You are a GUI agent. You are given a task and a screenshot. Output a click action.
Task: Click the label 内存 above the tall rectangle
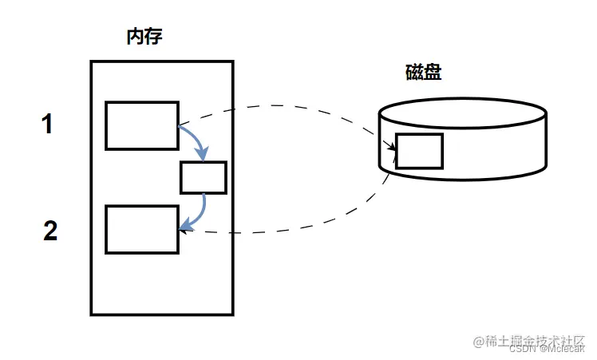[x=144, y=37]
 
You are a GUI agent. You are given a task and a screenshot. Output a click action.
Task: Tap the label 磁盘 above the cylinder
[x=423, y=72]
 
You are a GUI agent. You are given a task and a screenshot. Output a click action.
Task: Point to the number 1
[x=48, y=125]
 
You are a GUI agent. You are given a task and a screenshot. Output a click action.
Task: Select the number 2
[x=50, y=231]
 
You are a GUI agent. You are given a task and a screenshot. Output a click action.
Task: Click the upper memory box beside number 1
[x=142, y=125]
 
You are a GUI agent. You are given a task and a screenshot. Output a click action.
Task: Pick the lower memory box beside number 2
[x=142, y=229]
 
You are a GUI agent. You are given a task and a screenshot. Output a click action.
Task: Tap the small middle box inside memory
[x=204, y=177]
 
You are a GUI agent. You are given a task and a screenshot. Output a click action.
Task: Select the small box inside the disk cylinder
[x=419, y=151]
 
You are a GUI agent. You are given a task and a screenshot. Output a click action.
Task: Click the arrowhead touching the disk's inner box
[x=391, y=146]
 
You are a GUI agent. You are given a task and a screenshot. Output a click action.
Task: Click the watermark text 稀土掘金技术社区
[x=530, y=341]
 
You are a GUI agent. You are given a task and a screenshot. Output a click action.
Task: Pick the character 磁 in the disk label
[x=414, y=72]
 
